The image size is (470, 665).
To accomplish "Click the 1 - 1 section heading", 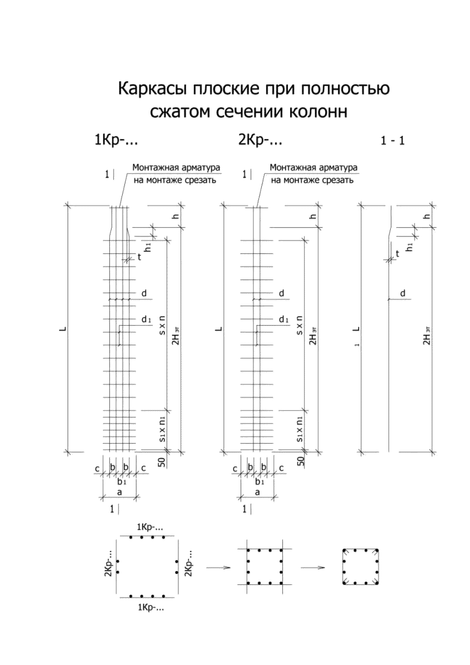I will (x=393, y=141).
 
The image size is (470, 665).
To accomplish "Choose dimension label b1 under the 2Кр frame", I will (x=260, y=482).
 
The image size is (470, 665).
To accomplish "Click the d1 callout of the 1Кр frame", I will (x=146, y=319).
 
